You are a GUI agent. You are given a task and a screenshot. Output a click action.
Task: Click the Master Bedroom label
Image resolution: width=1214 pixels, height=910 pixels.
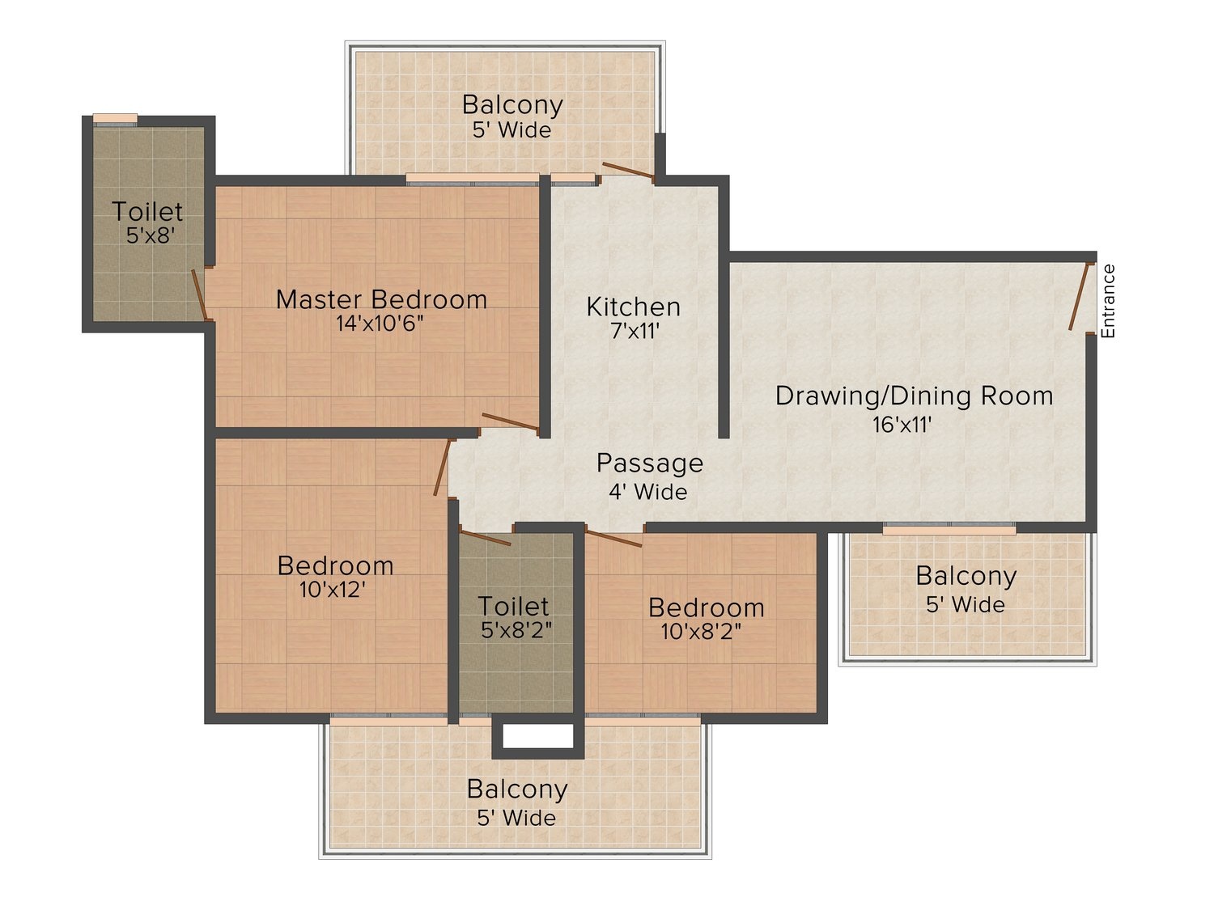click(x=381, y=299)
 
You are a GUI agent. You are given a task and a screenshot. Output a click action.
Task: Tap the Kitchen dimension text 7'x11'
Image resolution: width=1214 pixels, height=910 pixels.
click(x=635, y=331)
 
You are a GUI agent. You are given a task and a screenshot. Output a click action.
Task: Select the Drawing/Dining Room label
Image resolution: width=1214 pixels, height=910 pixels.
click(x=914, y=396)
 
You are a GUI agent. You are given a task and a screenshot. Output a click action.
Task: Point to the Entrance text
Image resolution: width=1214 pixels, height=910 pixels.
click(x=1108, y=301)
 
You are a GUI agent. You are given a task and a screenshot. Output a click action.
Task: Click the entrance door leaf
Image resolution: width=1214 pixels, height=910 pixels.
click(x=1080, y=297)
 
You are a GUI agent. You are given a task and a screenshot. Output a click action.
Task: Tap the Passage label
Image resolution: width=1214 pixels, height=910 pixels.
click(x=649, y=463)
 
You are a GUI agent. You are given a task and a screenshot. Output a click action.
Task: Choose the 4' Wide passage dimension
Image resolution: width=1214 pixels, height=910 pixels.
click(x=647, y=491)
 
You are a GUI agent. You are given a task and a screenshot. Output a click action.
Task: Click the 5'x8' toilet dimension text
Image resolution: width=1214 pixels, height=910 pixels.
click(x=151, y=236)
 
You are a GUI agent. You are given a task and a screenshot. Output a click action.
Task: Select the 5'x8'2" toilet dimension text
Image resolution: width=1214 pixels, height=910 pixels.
click(x=516, y=630)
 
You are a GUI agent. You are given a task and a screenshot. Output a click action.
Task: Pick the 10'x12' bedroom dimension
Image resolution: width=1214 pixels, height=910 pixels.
click(x=332, y=590)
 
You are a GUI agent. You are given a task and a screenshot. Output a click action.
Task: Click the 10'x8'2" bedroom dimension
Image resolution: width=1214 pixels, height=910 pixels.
click(x=701, y=630)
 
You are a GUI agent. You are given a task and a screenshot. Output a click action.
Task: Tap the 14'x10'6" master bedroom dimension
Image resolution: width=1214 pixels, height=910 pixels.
click(x=380, y=324)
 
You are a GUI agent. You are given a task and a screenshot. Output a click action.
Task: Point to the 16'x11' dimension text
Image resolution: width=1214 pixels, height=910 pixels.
click(x=902, y=425)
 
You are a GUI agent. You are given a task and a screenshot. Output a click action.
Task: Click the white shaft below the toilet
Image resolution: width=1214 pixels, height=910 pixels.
click(x=538, y=736)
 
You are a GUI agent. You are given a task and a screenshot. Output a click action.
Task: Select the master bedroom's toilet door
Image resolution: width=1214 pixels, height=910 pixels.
click(x=200, y=294)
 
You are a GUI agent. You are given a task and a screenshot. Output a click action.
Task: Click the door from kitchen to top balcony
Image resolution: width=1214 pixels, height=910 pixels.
click(x=628, y=171)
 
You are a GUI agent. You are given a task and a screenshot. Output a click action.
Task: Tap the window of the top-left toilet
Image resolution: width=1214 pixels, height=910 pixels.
click(x=115, y=120)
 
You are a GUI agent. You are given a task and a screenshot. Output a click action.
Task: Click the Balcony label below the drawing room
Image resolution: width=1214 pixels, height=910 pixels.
click(x=966, y=576)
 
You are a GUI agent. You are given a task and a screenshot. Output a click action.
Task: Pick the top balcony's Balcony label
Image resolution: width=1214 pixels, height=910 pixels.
click(x=512, y=104)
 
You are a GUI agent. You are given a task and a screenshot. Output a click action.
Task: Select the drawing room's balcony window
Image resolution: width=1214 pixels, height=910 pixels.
click(x=949, y=528)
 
